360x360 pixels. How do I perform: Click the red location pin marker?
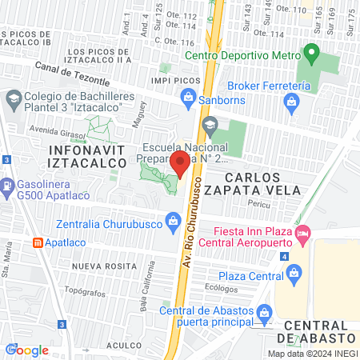[180, 165]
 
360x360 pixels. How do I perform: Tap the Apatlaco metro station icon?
[37, 241]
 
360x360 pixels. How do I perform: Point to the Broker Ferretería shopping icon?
[292, 101]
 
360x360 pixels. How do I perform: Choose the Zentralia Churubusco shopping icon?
[172, 219]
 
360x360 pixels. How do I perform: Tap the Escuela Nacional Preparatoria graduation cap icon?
[210, 124]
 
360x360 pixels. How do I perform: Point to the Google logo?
[27, 350]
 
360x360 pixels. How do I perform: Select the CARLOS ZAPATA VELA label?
[262, 183]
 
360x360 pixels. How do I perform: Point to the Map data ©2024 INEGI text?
[311, 354]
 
